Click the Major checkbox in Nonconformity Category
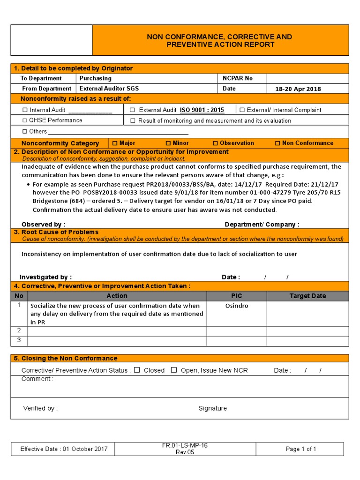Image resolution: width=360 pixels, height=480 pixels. (115, 143)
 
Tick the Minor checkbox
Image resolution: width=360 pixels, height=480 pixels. (168, 143)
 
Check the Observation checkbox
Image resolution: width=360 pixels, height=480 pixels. (216, 143)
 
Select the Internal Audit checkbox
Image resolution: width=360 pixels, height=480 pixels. (25, 110)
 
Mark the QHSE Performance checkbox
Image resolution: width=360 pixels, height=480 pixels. (25, 120)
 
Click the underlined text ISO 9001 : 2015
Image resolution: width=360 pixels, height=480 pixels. (202, 110)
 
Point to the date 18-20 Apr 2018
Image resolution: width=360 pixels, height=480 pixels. (298, 89)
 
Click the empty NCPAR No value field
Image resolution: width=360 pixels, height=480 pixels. (307, 78)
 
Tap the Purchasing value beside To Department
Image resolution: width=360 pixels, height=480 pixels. (96, 78)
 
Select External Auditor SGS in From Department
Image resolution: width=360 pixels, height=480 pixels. (109, 89)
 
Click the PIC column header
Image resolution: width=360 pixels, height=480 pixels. (237, 296)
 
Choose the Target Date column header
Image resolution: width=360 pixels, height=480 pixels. (307, 296)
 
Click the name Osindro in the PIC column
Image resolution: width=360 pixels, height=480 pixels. (237, 306)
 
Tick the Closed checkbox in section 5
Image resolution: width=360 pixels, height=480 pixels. (137, 370)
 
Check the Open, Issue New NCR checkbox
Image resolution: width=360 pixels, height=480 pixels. (174, 370)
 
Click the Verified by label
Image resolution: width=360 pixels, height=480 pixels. (40, 408)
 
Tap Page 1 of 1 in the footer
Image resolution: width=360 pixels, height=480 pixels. (301, 449)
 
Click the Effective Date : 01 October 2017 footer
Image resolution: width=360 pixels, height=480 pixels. (64, 449)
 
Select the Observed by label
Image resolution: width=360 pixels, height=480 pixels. (44, 225)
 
